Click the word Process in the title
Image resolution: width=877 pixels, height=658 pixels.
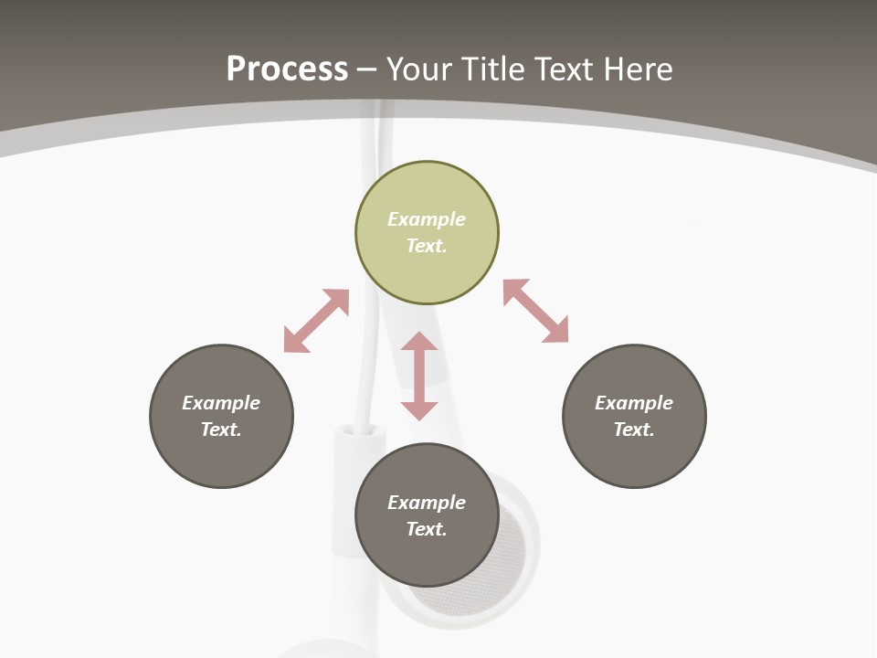pos(287,69)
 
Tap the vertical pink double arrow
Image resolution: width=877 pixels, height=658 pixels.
pos(419,376)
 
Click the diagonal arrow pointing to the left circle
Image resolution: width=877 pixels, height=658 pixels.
pos(316,321)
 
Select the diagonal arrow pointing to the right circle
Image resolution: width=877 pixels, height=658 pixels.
pos(536,311)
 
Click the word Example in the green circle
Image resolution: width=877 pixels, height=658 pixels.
pos(427,219)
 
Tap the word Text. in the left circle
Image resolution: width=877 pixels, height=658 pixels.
pos(221,430)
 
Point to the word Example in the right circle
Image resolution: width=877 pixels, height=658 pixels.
pos(634,403)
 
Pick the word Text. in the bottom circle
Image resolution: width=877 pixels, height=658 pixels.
pos(427,529)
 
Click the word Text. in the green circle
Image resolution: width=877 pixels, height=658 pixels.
pos(427,246)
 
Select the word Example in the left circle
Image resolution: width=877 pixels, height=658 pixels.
pos(221,403)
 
